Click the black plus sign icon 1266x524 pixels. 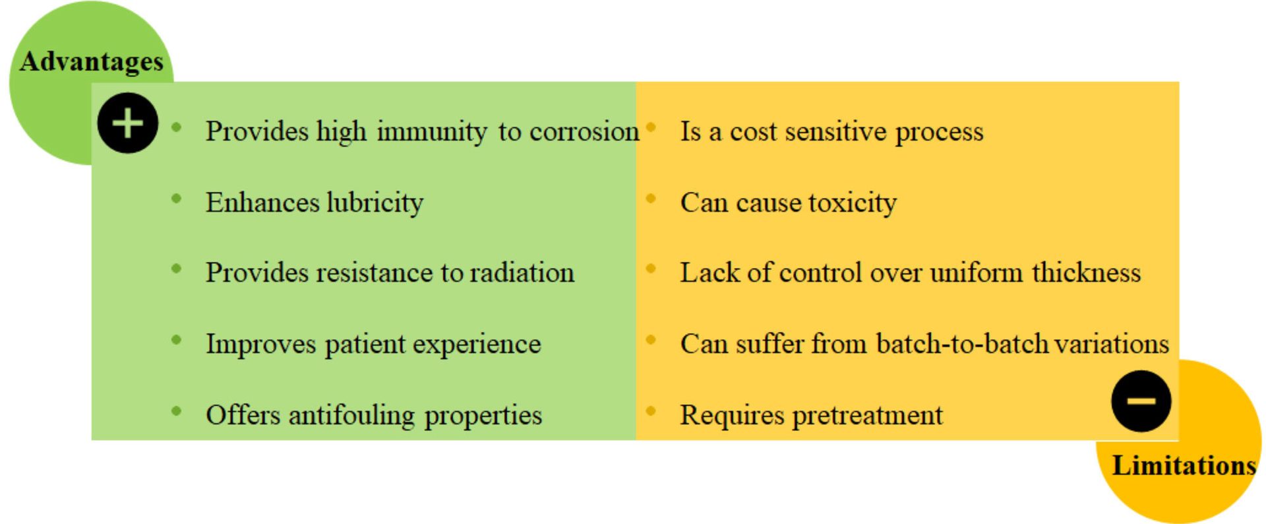(x=127, y=123)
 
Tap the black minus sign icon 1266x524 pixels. (x=1141, y=401)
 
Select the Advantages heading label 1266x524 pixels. (x=92, y=62)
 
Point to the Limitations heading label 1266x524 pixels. (x=1184, y=465)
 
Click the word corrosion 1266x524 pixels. (x=584, y=131)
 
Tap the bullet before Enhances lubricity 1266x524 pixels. (x=176, y=199)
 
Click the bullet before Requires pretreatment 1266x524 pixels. (x=651, y=411)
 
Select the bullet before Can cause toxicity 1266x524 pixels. (x=651, y=199)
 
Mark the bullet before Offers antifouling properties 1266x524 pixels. (x=176, y=411)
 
